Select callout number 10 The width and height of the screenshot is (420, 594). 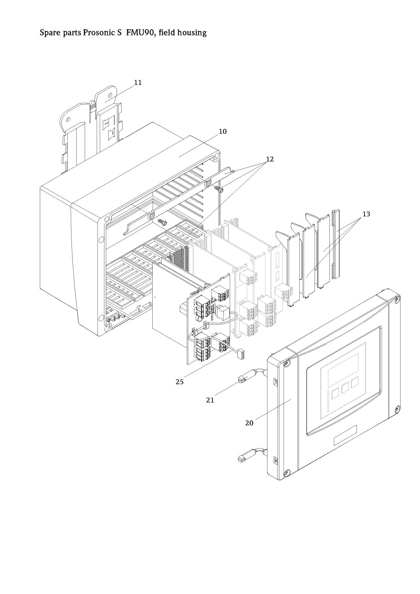[222, 132]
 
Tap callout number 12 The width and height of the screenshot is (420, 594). [269, 159]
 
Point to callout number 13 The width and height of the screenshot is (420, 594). [366, 214]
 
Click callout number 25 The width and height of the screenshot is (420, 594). [180, 382]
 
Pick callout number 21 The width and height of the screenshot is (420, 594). [210, 400]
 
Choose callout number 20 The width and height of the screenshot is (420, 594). [249, 423]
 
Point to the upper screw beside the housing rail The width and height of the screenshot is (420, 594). [221, 190]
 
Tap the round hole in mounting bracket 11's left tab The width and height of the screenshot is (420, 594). [69, 120]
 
